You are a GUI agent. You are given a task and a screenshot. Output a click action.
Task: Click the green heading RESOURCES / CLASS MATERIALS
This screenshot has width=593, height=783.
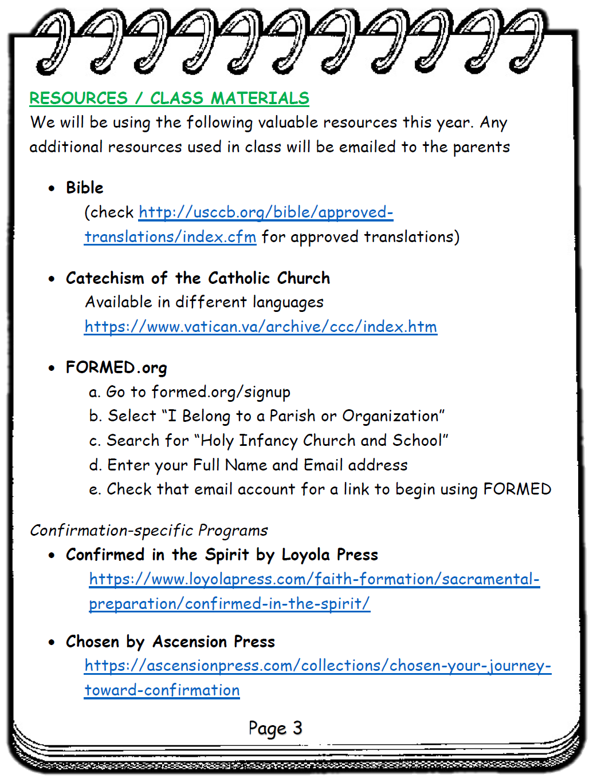(x=169, y=98)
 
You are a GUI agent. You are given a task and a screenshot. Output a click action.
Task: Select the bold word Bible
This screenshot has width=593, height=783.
(x=84, y=188)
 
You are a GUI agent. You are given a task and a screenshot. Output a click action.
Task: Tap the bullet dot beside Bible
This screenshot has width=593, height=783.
(x=52, y=188)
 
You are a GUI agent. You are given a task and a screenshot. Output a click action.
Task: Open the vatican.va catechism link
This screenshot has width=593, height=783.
(x=261, y=327)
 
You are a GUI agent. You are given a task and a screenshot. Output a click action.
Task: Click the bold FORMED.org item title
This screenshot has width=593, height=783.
(x=116, y=367)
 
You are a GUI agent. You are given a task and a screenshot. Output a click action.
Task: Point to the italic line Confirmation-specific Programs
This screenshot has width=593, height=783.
(x=149, y=531)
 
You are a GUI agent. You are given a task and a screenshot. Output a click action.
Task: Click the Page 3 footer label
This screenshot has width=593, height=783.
(x=275, y=728)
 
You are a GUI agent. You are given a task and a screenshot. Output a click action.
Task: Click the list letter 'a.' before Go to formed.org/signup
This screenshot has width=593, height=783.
(x=95, y=392)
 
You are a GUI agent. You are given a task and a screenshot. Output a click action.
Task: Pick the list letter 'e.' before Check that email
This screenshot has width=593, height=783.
(x=95, y=490)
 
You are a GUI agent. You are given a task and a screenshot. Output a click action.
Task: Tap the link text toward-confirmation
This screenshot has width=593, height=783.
(x=162, y=690)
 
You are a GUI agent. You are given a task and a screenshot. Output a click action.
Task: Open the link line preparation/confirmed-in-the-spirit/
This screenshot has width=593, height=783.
(x=229, y=604)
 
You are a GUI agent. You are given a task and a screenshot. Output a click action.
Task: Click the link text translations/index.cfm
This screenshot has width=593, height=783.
(x=170, y=237)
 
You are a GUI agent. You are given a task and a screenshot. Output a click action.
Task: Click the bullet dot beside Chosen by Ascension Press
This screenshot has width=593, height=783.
(x=52, y=642)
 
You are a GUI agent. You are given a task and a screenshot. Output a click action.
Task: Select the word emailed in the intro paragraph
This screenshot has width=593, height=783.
(x=367, y=147)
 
